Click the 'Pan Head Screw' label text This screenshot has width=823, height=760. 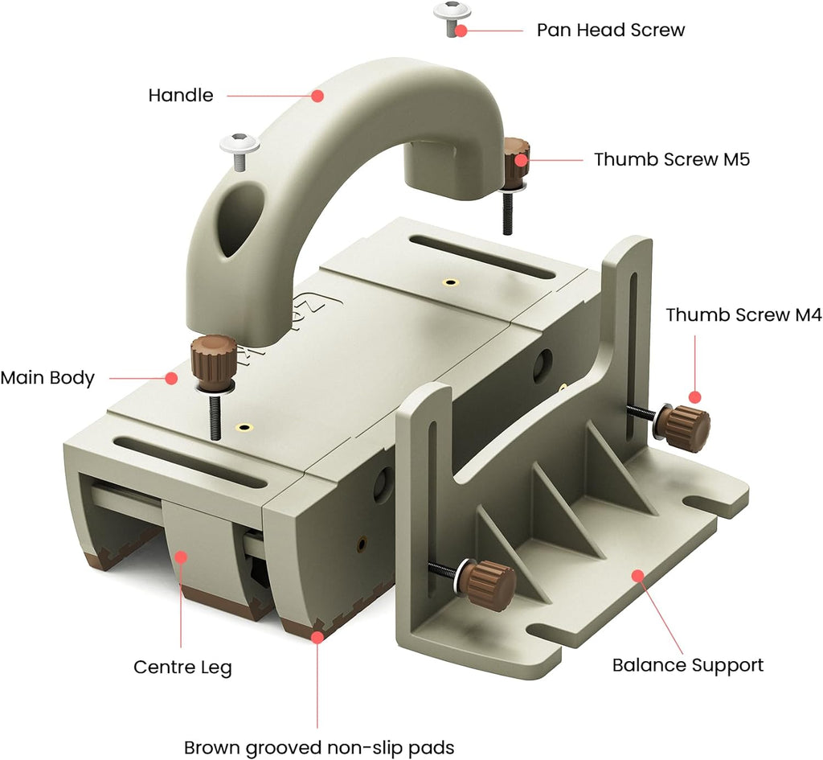(x=610, y=31)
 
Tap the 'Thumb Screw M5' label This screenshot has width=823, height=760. (x=671, y=159)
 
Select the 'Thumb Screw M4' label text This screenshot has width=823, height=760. (x=743, y=315)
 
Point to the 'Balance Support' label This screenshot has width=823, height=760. (x=687, y=665)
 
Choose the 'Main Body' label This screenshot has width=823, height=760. (x=47, y=377)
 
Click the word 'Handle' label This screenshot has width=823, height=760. (x=181, y=95)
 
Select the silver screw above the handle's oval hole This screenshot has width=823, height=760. (x=240, y=150)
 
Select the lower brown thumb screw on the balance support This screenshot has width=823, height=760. (x=488, y=577)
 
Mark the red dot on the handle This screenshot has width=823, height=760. (x=317, y=95)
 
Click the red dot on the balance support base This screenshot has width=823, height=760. (x=637, y=575)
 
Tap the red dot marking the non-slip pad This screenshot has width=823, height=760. (x=318, y=637)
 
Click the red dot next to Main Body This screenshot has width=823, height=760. (x=170, y=377)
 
